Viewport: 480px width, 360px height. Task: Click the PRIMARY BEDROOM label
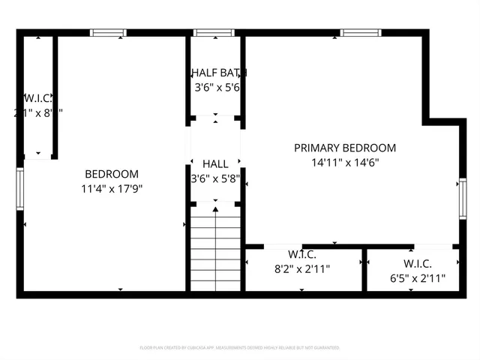coord(344,148)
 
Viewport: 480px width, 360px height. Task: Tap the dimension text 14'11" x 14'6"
coord(344,162)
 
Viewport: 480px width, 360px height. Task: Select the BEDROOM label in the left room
coord(111,173)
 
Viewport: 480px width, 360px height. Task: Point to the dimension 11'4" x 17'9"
coord(112,188)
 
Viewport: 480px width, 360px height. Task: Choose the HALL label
coord(215,163)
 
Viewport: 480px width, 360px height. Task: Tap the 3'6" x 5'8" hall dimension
coord(215,178)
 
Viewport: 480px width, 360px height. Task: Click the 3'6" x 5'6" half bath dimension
coord(217,87)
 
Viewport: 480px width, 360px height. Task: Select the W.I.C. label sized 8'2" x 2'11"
coord(301,253)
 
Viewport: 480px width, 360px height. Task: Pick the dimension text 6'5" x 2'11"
coord(418,278)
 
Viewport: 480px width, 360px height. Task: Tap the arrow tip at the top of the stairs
coord(216,209)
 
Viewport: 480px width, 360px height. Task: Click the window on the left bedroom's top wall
coord(108,32)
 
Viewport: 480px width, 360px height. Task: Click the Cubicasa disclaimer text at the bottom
coord(240,348)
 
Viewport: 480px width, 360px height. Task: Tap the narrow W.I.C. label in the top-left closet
coord(37,97)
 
